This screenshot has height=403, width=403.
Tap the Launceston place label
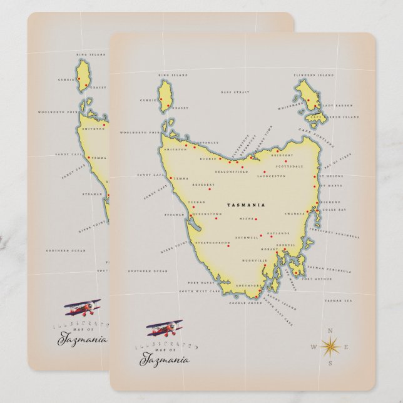tap(272, 176)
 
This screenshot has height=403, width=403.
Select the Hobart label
tap(269, 249)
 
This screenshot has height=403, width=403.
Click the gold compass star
tap(329, 345)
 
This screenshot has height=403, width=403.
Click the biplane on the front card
tap(160, 330)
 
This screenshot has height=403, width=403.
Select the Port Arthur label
tap(312, 279)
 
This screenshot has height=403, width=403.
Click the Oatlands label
tap(278, 233)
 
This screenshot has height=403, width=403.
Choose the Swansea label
tap(294, 213)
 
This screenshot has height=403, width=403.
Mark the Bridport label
tap(282, 155)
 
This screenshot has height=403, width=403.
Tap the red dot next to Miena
tap(256, 220)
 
